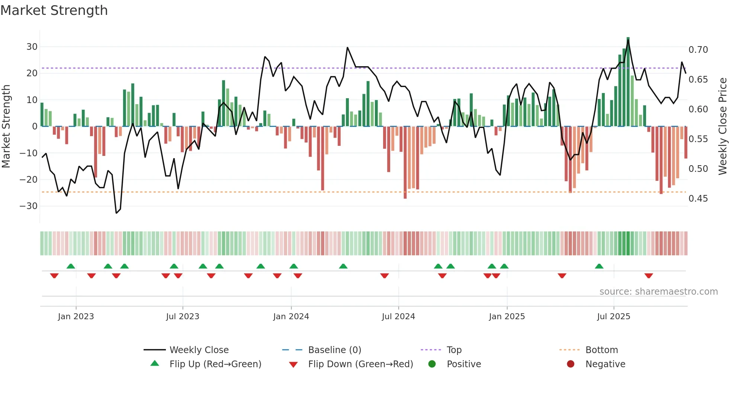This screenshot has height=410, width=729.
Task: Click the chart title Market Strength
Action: (x=54, y=10)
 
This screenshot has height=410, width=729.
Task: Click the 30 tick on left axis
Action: (x=32, y=47)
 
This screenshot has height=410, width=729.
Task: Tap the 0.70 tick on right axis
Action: (x=698, y=50)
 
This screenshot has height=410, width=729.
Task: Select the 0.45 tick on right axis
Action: (x=698, y=199)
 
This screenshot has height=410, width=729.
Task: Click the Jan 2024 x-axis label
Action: (x=291, y=317)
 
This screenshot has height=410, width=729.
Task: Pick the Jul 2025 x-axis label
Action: (x=614, y=317)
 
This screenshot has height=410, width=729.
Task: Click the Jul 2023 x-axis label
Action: (x=183, y=317)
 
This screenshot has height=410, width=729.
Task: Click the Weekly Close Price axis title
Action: (x=722, y=126)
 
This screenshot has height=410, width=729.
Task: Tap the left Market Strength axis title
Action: (x=6, y=126)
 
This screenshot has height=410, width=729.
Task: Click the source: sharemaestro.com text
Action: (x=658, y=292)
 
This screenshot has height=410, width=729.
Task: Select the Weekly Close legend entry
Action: (x=199, y=350)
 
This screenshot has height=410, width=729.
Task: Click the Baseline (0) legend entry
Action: (x=334, y=350)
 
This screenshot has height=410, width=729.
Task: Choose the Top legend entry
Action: (x=454, y=350)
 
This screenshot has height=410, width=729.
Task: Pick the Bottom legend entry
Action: (x=601, y=350)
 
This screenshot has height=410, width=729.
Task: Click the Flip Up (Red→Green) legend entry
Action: (x=215, y=364)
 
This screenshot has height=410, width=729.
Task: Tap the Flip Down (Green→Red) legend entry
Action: (x=360, y=364)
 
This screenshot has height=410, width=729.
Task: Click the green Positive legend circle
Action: (x=432, y=364)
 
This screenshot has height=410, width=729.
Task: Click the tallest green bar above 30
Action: (x=628, y=82)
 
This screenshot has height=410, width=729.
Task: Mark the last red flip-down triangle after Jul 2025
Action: (x=649, y=276)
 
